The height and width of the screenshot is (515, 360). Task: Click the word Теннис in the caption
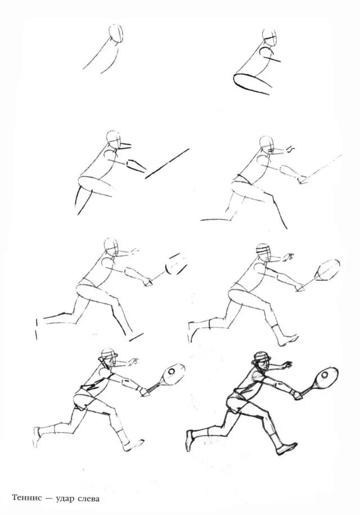[27, 498]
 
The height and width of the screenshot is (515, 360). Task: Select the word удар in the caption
[65, 499]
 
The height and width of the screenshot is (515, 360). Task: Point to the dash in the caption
[49, 499]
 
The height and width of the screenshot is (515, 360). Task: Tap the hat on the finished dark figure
[260, 357]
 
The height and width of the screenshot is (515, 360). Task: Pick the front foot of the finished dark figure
[286, 449]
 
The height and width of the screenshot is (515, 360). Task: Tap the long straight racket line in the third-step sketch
[167, 164]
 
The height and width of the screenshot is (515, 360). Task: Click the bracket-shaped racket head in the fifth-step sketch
[176, 263]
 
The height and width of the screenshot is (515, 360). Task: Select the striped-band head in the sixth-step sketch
[265, 253]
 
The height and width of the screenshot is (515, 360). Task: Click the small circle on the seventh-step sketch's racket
[172, 372]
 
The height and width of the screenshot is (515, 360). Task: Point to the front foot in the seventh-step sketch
[133, 445]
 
